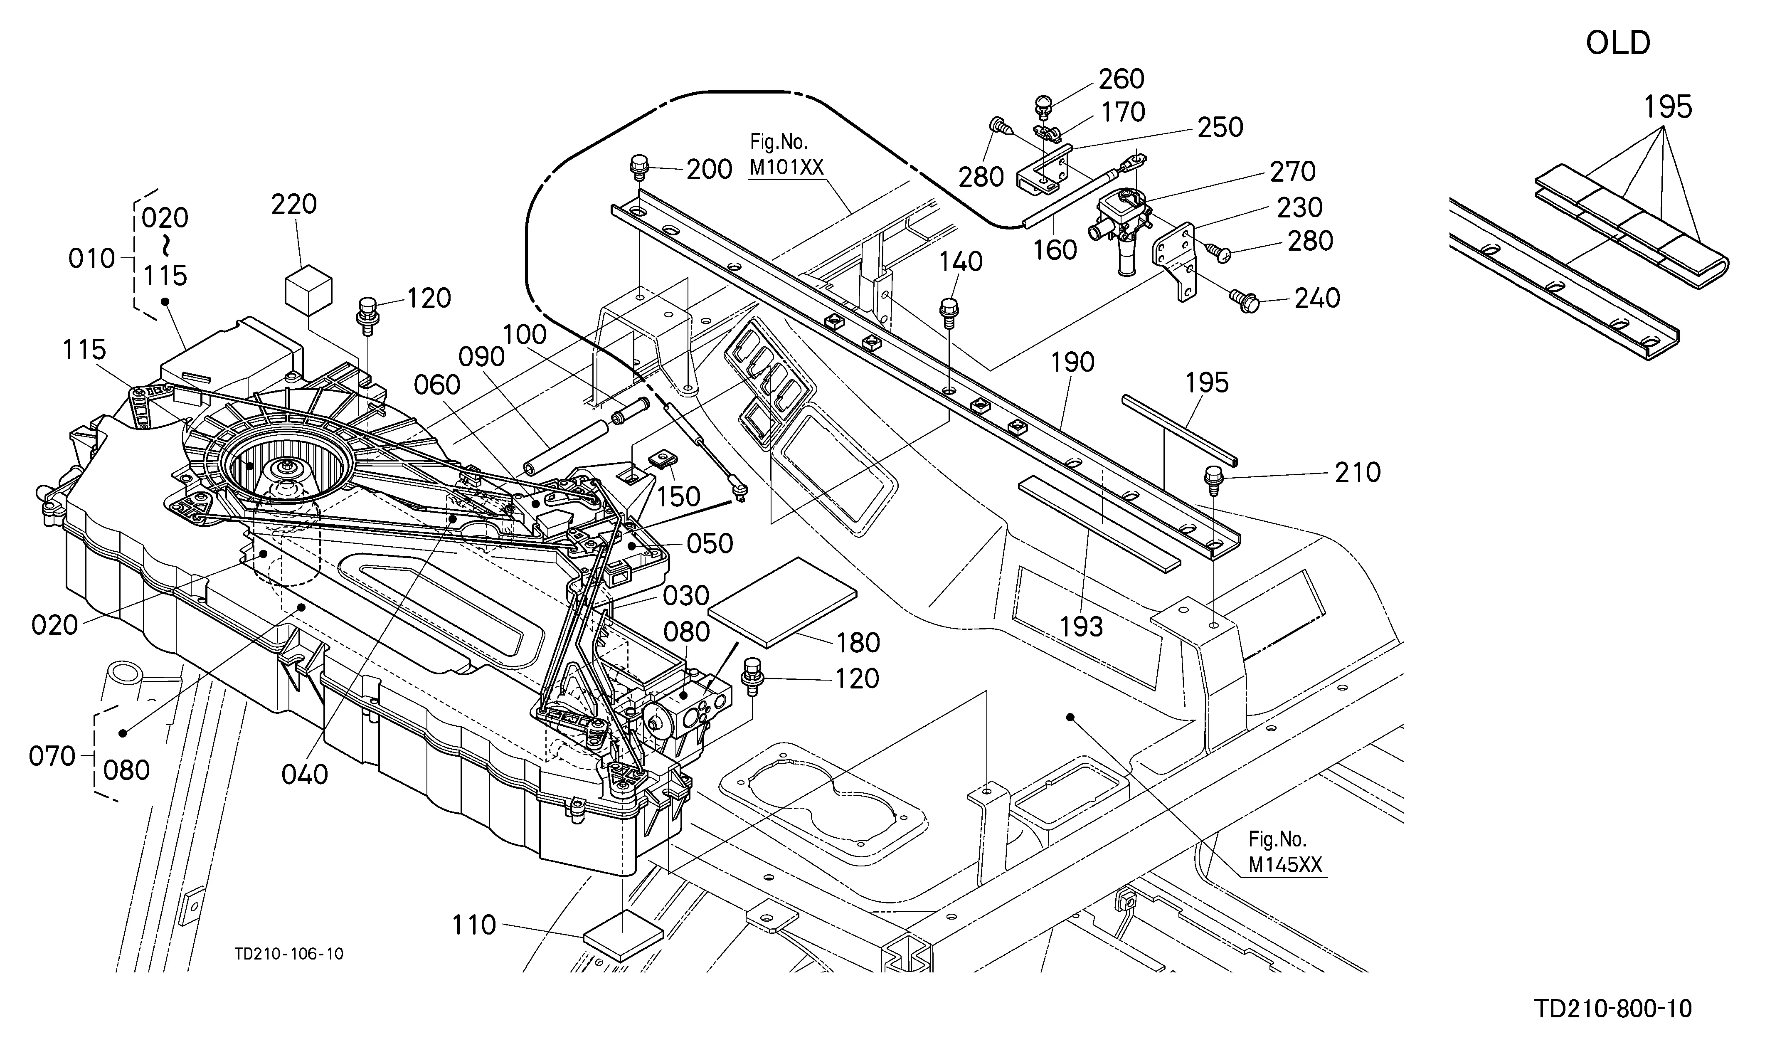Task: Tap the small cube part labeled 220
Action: (308, 289)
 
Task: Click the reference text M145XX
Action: (1285, 865)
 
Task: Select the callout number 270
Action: (1293, 172)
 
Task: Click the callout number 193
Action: (1082, 627)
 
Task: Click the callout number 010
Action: (91, 259)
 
